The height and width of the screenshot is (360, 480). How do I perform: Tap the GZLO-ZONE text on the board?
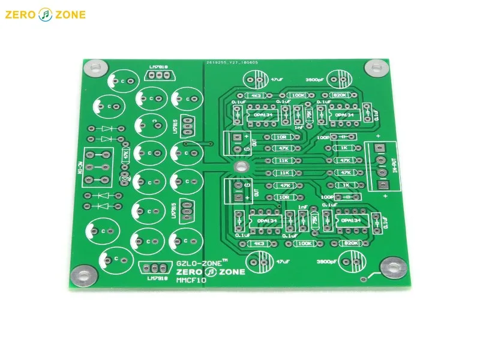[193, 262]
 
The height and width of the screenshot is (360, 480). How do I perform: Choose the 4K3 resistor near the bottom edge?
[258, 244]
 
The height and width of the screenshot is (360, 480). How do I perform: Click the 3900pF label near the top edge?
[315, 79]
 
